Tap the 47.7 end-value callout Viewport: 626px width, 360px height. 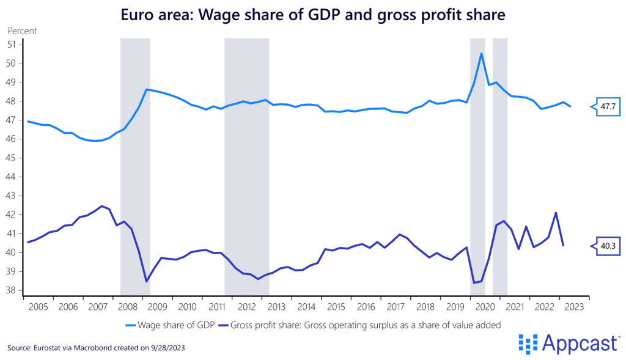(608, 106)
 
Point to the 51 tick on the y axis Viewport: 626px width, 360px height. (11, 45)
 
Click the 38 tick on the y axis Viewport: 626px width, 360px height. (11, 290)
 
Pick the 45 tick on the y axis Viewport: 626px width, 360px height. (11, 158)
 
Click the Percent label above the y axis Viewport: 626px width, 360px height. (22, 30)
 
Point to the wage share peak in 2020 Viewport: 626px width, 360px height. (482, 53)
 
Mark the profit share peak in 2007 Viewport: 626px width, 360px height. (101, 206)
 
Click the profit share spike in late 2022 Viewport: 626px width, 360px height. (556, 213)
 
